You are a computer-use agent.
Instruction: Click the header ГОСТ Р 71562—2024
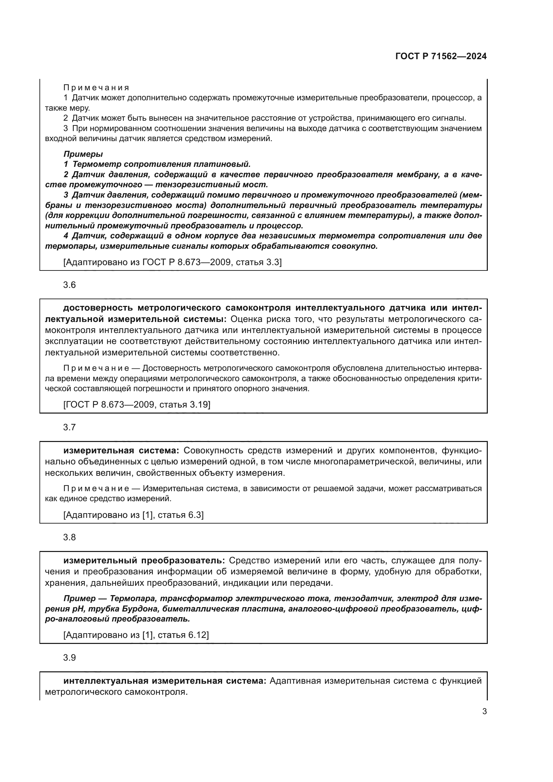point(441,57)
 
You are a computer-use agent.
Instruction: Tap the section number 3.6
point(70,285)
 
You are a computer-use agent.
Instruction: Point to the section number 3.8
point(70,538)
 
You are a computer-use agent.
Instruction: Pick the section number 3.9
point(70,658)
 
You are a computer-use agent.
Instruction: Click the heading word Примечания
point(96,88)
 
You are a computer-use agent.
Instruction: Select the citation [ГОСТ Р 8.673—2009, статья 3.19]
point(137,405)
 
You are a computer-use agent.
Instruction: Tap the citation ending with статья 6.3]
point(133,515)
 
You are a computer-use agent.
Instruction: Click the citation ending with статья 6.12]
point(136,635)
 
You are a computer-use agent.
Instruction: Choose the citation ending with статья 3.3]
point(172,262)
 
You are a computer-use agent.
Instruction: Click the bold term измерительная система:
point(121,451)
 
